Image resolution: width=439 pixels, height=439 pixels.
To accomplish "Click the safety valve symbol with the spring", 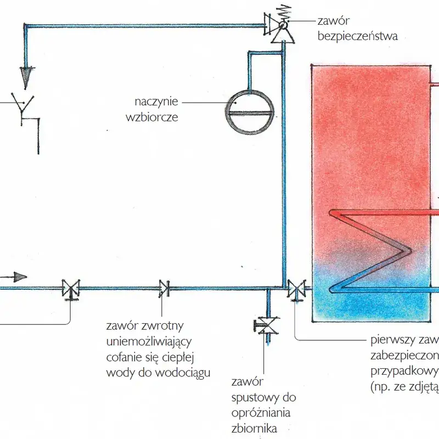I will tap(281, 25).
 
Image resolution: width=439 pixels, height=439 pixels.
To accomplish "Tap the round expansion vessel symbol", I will tap(250, 112).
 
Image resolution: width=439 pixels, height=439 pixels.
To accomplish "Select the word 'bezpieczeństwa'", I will tap(357, 37).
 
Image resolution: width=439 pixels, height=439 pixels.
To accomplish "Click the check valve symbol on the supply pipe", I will tap(164, 288).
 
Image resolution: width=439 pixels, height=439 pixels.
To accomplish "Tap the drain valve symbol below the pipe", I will tap(267, 326).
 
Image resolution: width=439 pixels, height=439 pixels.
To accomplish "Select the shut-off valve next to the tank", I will tap(296, 288).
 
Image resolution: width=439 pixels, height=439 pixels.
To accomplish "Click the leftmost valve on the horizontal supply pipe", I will tap(71, 288).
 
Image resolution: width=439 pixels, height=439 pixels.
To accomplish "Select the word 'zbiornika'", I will tap(252, 427).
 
